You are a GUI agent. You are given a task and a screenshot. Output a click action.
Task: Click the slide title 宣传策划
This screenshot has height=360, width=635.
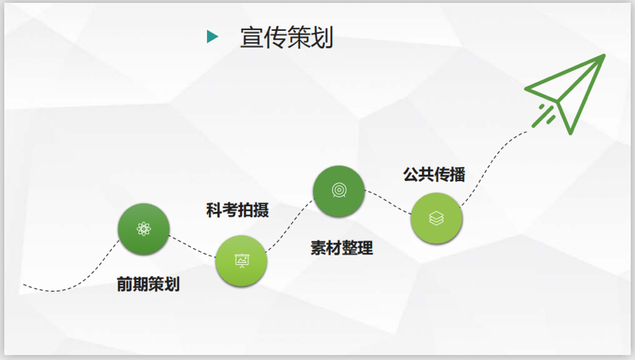tap(287, 38)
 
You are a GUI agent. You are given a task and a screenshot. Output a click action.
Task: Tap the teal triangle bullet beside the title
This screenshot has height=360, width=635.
tap(213, 36)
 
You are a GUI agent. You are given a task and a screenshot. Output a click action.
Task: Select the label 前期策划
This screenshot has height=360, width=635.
tap(148, 284)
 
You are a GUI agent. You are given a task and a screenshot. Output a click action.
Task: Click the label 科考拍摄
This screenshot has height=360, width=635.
tap(237, 210)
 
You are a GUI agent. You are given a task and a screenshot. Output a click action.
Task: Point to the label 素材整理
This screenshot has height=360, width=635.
tap(342, 247)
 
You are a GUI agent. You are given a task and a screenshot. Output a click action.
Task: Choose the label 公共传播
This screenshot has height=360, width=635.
tap(434, 174)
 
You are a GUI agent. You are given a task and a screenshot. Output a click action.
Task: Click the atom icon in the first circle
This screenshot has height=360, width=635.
tap(144, 229)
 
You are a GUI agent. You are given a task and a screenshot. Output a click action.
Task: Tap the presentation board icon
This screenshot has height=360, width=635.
tap(242, 261)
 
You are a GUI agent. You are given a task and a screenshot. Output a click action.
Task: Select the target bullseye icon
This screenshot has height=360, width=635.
tap(339, 190)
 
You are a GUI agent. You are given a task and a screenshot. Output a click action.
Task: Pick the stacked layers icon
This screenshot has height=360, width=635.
tap(436, 219)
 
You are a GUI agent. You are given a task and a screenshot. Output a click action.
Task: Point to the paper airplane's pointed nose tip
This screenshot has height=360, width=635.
tap(604, 55)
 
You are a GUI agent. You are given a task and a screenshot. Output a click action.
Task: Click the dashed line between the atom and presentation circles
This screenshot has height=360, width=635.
tap(192, 247)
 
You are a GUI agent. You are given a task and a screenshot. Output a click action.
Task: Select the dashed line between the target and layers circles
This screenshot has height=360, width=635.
tap(388, 202)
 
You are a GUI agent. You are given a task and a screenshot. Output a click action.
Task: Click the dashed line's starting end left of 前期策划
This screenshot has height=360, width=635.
tap(24, 285)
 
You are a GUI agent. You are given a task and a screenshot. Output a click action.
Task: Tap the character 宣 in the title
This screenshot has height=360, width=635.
tap(252, 38)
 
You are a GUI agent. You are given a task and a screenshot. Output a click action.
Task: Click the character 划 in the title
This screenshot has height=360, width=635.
tap(322, 38)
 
